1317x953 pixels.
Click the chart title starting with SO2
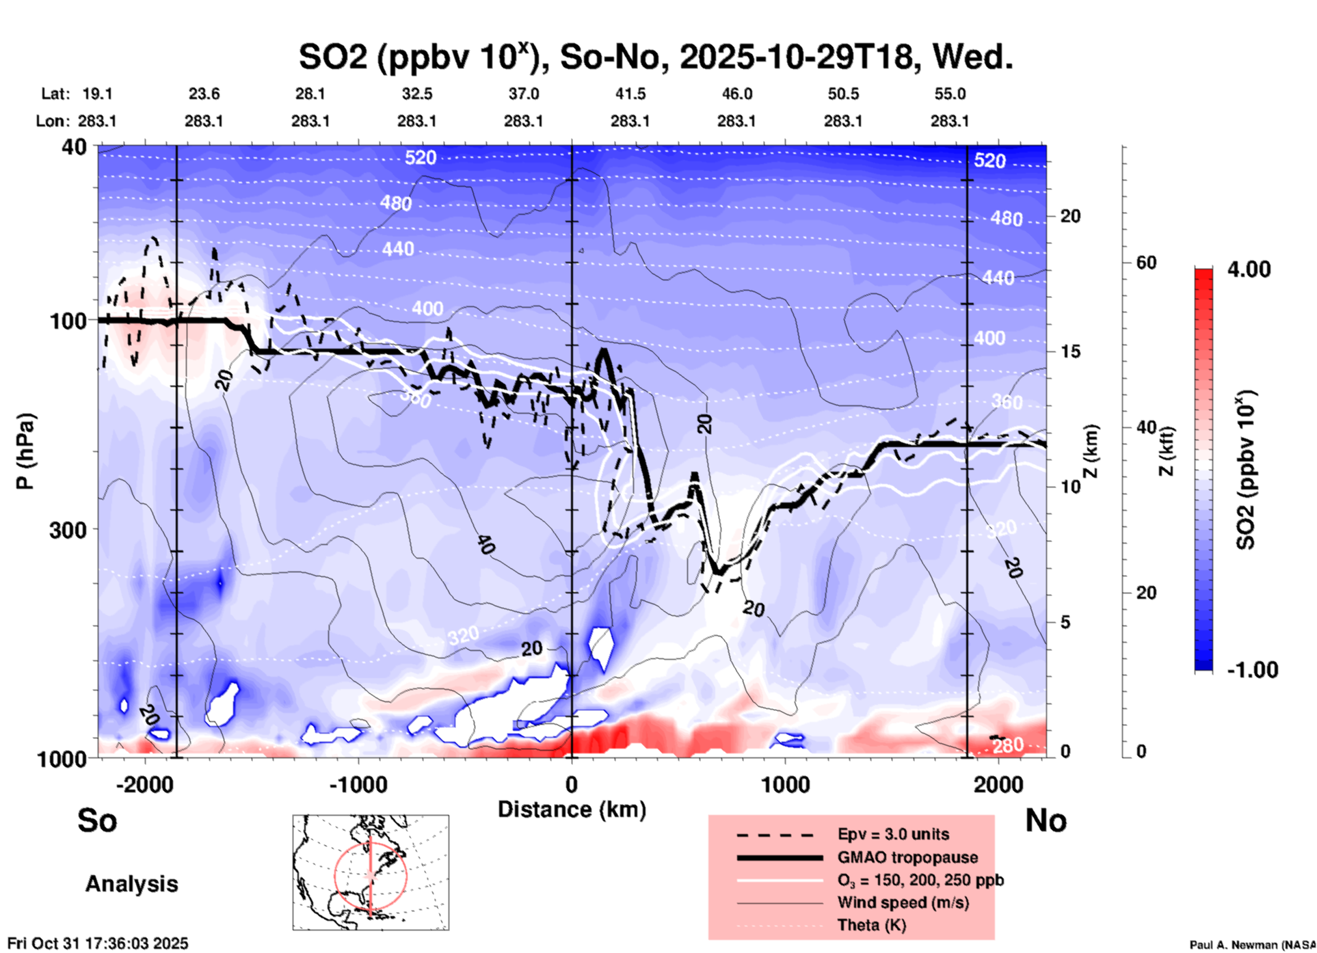coord(655,57)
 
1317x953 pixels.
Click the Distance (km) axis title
coord(572,809)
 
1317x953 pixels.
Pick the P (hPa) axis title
coord(25,451)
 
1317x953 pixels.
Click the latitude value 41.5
coord(630,94)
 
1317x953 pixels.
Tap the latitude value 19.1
coord(97,94)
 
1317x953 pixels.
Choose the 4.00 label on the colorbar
coord(1249,269)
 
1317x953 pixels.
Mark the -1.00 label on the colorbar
coord(1252,670)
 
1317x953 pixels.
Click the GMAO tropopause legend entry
coord(907,857)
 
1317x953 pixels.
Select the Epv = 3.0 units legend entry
coord(893,835)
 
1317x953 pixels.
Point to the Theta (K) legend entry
coord(871,925)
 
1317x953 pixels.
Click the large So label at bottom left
coord(97,820)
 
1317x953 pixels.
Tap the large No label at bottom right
coord(1046,820)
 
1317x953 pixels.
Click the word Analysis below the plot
coord(131,884)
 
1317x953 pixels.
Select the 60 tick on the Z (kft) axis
coord(1146,263)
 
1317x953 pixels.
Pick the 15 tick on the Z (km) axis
coord(1070,351)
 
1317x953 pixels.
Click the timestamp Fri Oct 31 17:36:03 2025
coord(98,943)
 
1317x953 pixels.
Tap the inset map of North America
coord(371,872)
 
